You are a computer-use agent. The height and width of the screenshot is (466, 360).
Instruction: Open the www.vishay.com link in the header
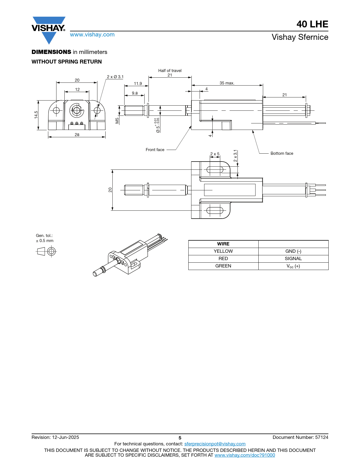tap(92, 34)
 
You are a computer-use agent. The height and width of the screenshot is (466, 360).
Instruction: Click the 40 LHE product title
tap(312, 24)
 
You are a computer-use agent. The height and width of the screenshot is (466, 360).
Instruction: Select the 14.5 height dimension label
tap(36, 115)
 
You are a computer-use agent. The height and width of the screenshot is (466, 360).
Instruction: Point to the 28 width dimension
tap(77, 135)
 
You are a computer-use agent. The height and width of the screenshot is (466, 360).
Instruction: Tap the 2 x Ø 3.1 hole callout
tap(115, 77)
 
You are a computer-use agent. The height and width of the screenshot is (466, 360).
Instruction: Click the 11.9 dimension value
tap(138, 84)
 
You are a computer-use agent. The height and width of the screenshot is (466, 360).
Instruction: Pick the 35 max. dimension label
tap(227, 83)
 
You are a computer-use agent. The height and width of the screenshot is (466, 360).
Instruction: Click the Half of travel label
tap(170, 71)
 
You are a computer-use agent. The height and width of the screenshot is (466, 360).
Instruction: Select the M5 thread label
tap(117, 121)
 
